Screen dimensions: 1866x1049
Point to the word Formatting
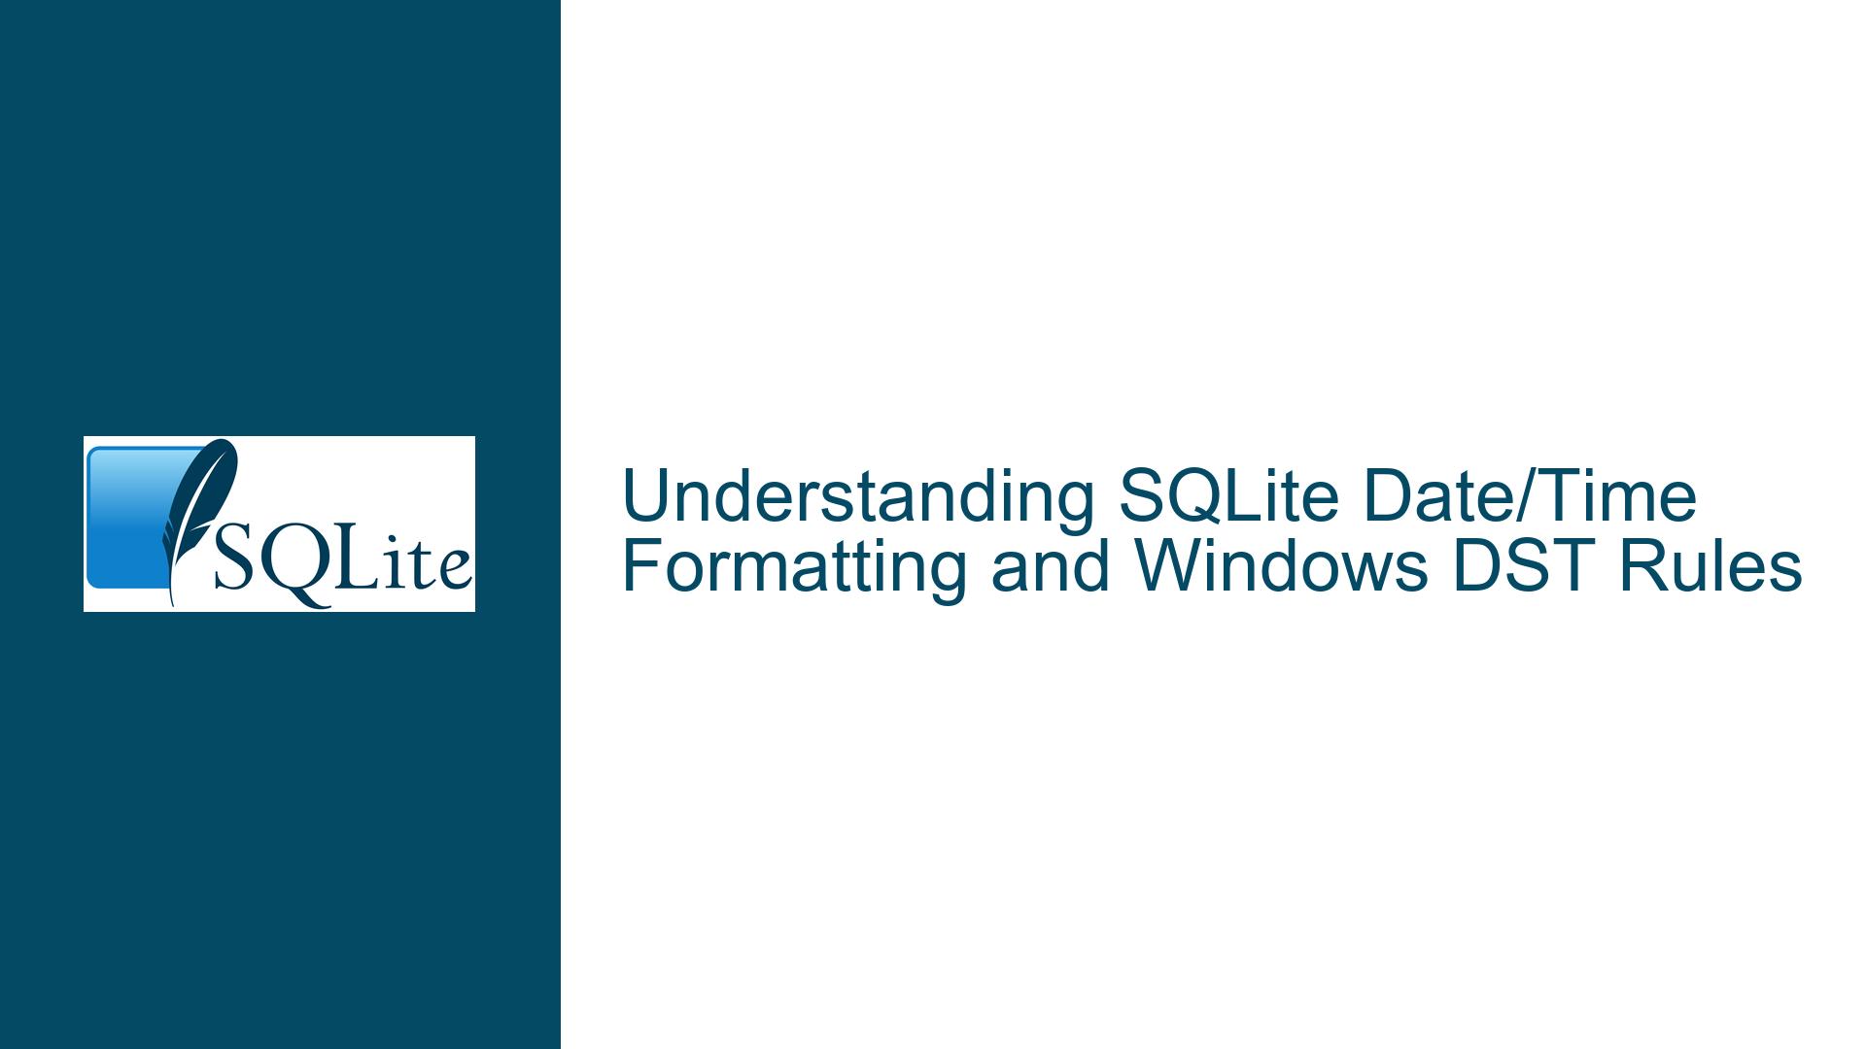794,569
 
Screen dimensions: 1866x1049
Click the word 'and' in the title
1050,569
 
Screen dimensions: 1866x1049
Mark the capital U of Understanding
644,497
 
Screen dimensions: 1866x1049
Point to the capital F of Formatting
640,569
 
